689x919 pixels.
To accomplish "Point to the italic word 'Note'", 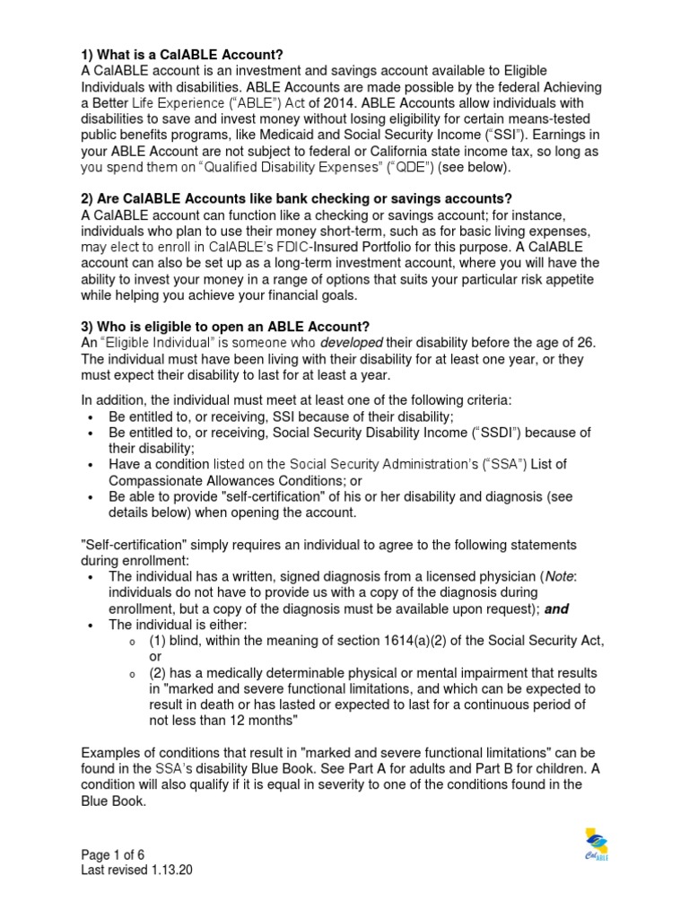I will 560,576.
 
